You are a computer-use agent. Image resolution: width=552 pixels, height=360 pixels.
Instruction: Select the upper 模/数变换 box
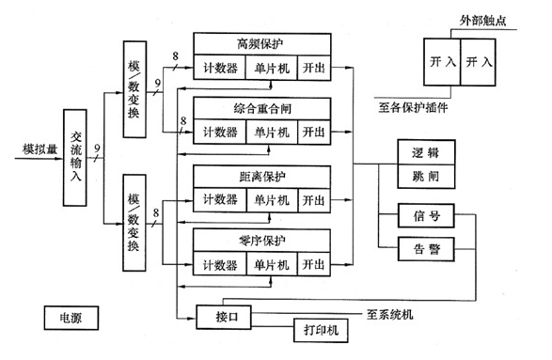click(x=134, y=84)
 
